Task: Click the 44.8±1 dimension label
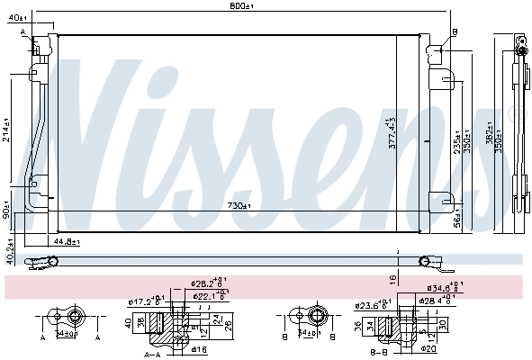(65, 242)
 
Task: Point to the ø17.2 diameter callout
(145, 301)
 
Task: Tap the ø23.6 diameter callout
(370, 305)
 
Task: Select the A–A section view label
(153, 354)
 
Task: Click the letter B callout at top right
(455, 32)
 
